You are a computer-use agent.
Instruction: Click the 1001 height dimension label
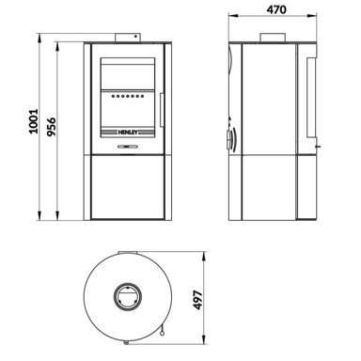tap(33, 121)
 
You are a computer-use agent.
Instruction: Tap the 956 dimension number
tap(51, 127)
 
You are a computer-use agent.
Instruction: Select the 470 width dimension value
tap(276, 9)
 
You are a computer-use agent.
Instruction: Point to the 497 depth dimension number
tap(198, 300)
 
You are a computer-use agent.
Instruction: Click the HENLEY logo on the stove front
tap(128, 133)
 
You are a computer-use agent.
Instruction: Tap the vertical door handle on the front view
tap(162, 110)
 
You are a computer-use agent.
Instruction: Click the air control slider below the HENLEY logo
tap(127, 146)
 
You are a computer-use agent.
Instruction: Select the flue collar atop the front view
tap(128, 38)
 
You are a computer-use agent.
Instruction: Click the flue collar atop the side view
tap(273, 38)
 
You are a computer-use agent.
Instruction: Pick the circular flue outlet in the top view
tap(128, 296)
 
